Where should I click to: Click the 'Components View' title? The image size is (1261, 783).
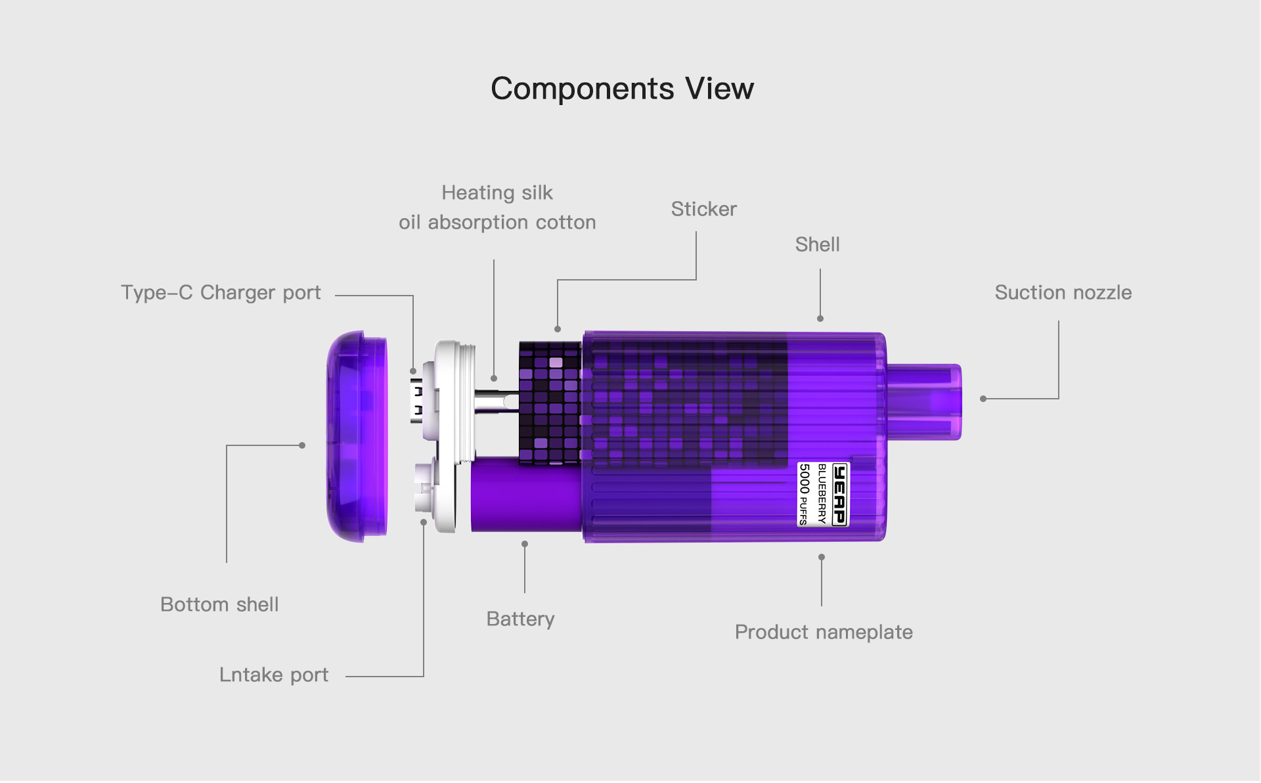[x=622, y=89]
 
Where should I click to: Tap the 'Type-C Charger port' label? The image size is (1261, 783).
[x=221, y=293]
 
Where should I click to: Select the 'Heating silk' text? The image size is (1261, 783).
[x=497, y=193]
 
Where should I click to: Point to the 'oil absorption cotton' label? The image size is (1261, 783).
[x=497, y=223]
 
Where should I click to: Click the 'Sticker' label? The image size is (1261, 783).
[x=703, y=210]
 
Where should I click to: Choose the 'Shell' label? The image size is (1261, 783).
[x=817, y=245]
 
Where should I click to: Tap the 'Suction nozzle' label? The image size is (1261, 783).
[x=1063, y=293]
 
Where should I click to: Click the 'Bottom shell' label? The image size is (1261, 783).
[x=219, y=605]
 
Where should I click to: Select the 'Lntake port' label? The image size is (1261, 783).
[x=273, y=675]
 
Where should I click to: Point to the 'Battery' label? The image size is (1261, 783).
[x=520, y=619]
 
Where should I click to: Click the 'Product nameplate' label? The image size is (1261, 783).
[x=824, y=633]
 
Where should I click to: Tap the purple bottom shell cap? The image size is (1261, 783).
[x=357, y=436]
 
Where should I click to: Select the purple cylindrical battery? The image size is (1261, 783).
[x=525, y=495]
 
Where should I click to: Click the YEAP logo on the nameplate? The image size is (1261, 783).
[x=839, y=494]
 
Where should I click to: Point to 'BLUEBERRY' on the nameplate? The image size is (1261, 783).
[x=822, y=494]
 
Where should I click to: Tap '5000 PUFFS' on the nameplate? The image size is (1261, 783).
[x=804, y=494]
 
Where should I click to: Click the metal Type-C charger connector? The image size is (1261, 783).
[x=416, y=400]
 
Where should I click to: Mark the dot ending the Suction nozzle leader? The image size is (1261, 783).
[x=983, y=399]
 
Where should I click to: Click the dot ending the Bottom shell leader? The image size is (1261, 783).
[x=302, y=445]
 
